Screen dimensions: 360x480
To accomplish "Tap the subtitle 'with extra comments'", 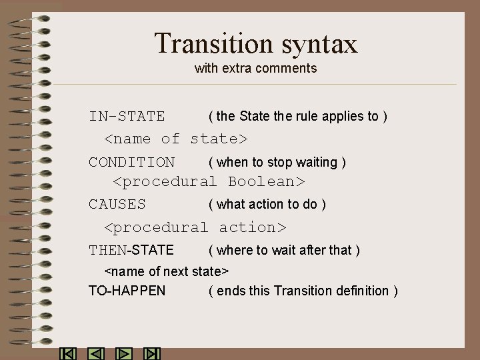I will [x=255, y=68].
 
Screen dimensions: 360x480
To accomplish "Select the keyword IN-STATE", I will [x=127, y=117].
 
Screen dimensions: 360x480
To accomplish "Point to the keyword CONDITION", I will [x=131, y=162].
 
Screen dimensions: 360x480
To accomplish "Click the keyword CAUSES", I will [x=117, y=204].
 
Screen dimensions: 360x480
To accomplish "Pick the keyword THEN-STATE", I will [x=131, y=250].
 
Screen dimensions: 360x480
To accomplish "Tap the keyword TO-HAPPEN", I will [x=127, y=291].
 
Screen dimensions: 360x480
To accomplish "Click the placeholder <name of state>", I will [x=176, y=139].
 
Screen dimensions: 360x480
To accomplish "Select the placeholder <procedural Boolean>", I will [x=209, y=181].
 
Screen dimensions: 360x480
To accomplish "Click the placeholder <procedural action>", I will [x=195, y=227].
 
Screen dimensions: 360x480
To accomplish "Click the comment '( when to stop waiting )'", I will [x=277, y=162].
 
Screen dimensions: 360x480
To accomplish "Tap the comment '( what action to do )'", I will [x=267, y=204].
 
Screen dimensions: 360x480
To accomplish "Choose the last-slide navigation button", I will [x=153, y=353].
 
